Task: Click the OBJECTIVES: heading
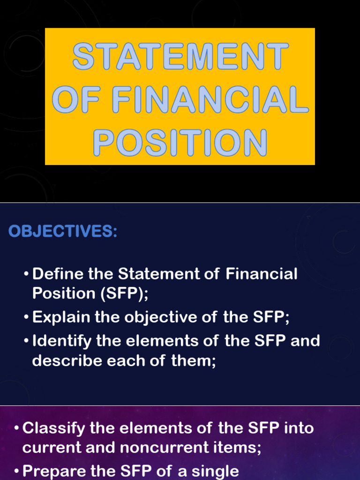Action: pos(62,232)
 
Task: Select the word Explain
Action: pos(61,317)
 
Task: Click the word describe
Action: pos(64,361)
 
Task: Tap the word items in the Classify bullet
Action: pos(235,448)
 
